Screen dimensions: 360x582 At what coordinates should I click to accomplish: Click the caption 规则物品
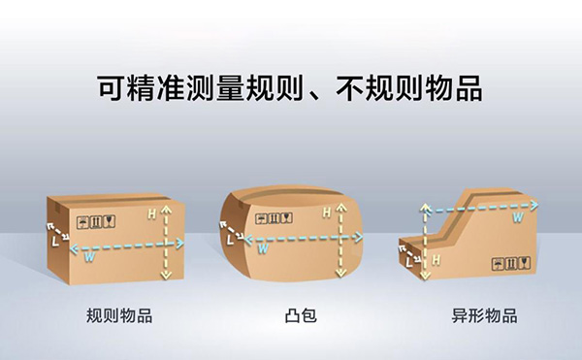tap(118, 315)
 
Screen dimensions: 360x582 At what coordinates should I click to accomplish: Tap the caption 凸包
tap(302, 315)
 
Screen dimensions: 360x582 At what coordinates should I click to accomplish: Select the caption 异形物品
tap(484, 315)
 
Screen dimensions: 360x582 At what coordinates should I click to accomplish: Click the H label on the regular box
tap(150, 211)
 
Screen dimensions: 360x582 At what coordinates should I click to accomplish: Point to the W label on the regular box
tap(89, 256)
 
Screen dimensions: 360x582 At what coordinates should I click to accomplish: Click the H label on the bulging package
tap(326, 211)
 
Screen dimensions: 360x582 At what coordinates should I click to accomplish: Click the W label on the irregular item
tap(518, 218)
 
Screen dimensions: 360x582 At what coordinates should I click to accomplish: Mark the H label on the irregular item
tap(436, 259)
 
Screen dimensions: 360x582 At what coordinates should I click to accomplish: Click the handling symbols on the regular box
tap(97, 218)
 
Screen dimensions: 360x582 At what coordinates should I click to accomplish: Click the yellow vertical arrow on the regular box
tap(166, 243)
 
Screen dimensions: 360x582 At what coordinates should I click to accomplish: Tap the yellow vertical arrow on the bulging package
tap(339, 243)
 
